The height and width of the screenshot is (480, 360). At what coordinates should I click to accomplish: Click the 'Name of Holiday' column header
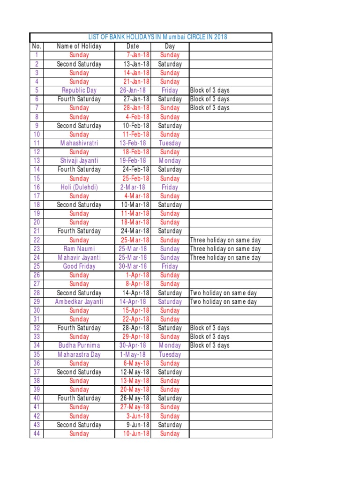pyautogui.click(x=79, y=46)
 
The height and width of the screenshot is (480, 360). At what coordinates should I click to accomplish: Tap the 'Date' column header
pyautogui.click(x=133, y=46)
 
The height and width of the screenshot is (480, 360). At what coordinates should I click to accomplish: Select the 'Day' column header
pyautogui.click(x=170, y=46)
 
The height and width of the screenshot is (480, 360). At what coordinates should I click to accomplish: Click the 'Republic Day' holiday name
pyautogui.click(x=79, y=90)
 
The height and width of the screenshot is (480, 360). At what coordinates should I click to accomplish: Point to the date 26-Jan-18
pyautogui.click(x=133, y=90)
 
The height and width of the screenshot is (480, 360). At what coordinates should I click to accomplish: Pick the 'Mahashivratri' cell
pyautogui.click(x=79, y=143)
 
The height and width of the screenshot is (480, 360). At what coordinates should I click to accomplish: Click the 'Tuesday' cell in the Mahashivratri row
pyautogui.click(x=170, y=143)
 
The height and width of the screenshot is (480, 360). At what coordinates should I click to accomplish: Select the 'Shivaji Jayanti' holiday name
pyautogui.click(x=79, y=161)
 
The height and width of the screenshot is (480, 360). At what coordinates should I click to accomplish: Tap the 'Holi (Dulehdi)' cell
pyautogui.click(x=79, y=187)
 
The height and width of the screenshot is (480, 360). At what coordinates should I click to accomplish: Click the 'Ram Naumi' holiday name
pyautogui.click(x=79, y=249)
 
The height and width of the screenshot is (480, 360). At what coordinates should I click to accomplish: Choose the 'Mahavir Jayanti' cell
pyautogui.click(x=79, y=257)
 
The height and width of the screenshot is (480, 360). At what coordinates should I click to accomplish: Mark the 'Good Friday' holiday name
pyautogui.click(x=79, y=266)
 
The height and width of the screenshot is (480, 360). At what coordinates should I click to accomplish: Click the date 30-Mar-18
pyautogui.click(x=133, y=266)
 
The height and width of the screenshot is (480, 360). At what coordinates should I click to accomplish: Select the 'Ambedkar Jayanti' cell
pyautogui.click(x=79, y=301)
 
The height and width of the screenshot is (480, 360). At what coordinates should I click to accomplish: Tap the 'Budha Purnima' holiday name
pyautogui.click(x=79, y=345)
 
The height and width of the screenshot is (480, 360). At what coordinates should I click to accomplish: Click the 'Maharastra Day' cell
pyautogui.click(x=79, y=354)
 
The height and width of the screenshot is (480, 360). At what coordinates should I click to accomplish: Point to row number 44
pyautogui.click(x=37, y=434)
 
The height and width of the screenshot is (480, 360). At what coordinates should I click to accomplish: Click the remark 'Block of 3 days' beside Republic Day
pyautogui.click(x=210, y=90)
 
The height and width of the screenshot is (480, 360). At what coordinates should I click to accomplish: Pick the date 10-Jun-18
pyautogui.click(x=136, y=434)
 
